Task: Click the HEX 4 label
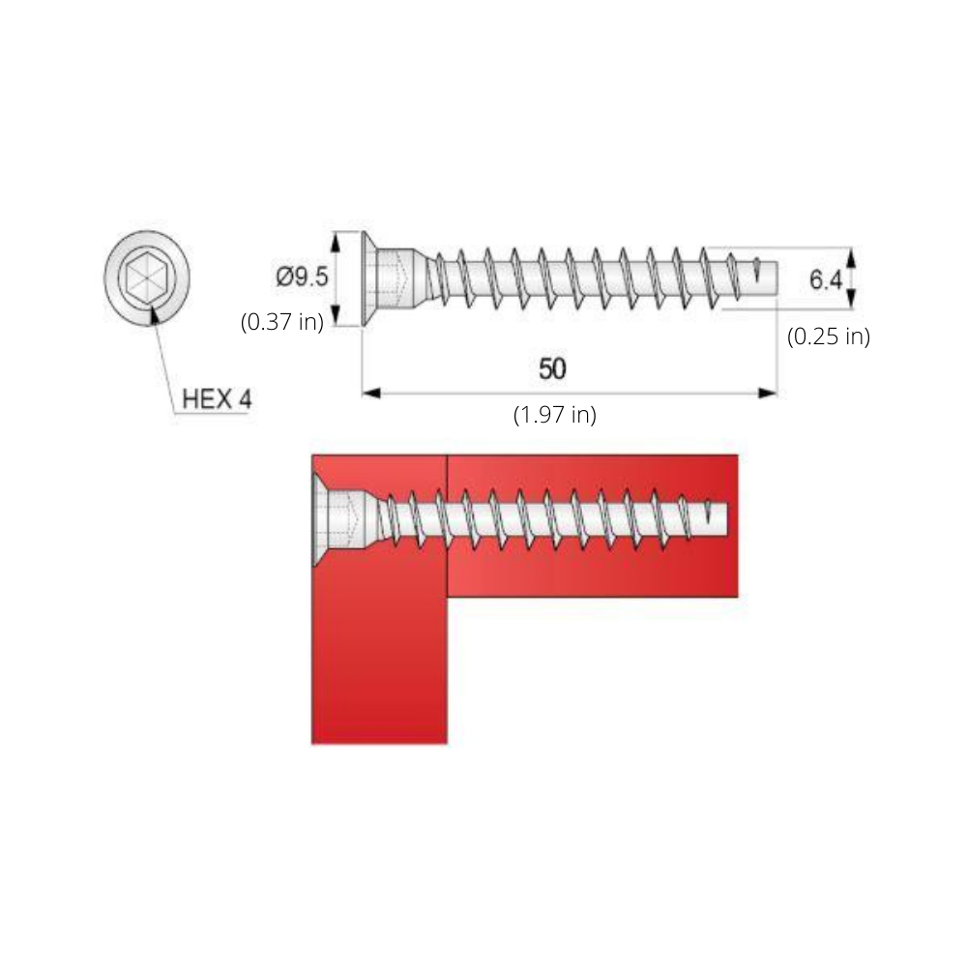coord(217,399)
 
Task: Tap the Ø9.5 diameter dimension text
coord(302,277)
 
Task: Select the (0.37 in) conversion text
coord(282,322)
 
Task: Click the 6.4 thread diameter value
coord(825,280)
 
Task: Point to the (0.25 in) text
coord(829,337)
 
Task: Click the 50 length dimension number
coord(552,368)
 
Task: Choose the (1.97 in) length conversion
coord(555,415)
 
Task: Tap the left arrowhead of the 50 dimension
coord(370,393)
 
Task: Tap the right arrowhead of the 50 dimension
coord(768,393)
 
